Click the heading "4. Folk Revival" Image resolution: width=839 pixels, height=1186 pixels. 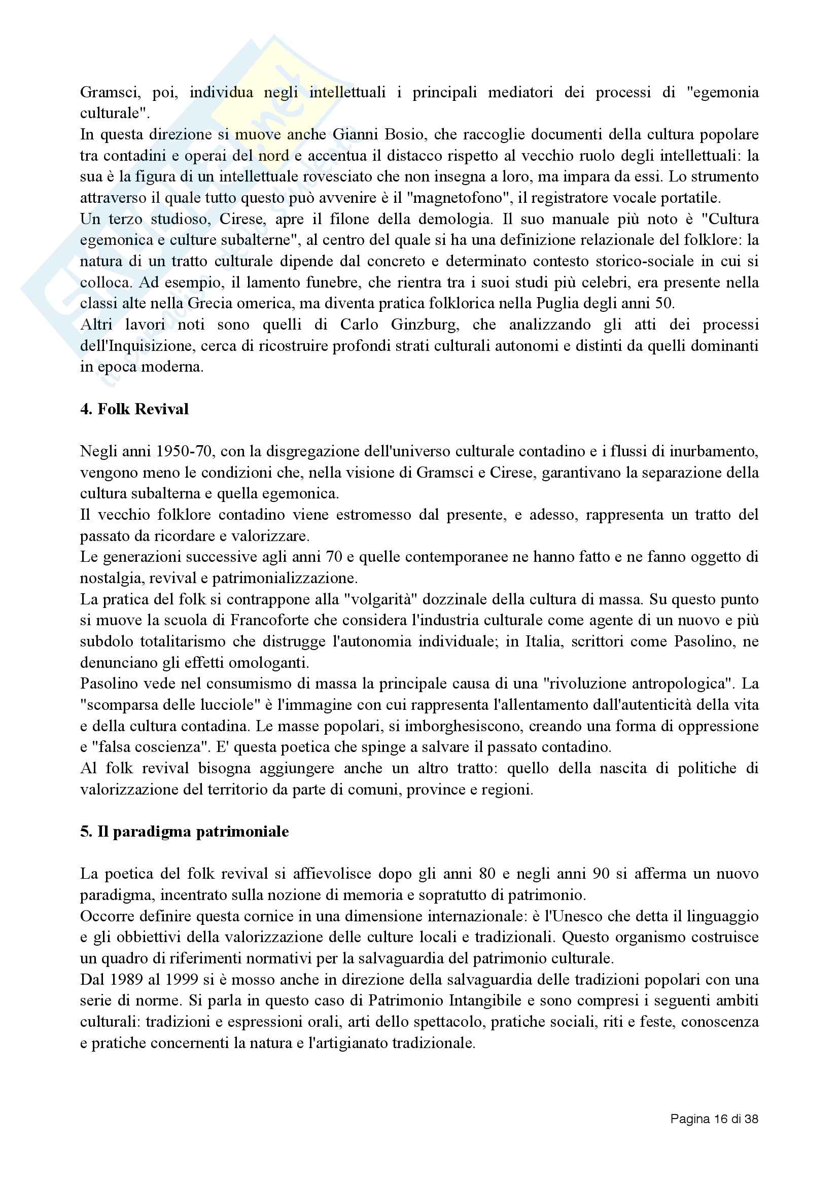[134, 409]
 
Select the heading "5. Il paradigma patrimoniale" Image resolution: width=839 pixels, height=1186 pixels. [185, 832]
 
